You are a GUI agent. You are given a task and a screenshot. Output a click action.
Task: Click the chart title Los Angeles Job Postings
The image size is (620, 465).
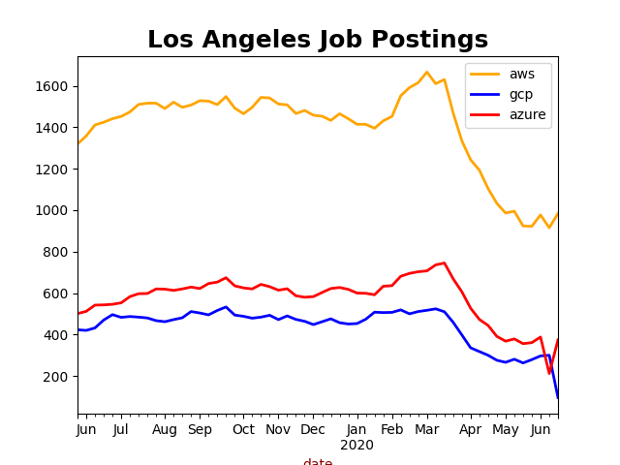click(x=318, y=40)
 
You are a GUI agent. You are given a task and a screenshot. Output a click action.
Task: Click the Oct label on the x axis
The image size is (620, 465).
click(x=243, y=429)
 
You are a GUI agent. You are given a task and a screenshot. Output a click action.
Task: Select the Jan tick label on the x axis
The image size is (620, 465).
click(x=356, y=429)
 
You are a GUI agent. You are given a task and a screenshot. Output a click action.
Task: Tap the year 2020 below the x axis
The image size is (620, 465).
click(x=356, y=445)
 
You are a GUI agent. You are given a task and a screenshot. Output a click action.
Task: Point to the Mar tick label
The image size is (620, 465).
click(x=426, y=429)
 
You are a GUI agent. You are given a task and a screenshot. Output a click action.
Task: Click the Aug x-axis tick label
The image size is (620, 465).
click(x=165, y=429)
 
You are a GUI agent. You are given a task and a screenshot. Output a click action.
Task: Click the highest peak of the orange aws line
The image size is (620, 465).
click(x=426, y=72)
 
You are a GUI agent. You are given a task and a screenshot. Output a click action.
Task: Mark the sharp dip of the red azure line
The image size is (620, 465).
click(x=549, y=373)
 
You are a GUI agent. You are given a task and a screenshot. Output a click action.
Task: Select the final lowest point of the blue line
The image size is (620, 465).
click(x=558, y=397)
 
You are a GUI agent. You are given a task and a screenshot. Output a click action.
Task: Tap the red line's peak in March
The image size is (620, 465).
click(x=445, y=263)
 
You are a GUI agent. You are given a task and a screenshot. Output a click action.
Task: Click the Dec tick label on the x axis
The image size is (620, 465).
click(x=313, y=429)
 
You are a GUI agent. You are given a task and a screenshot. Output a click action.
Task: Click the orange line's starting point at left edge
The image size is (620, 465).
click(x=78, y=143)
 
